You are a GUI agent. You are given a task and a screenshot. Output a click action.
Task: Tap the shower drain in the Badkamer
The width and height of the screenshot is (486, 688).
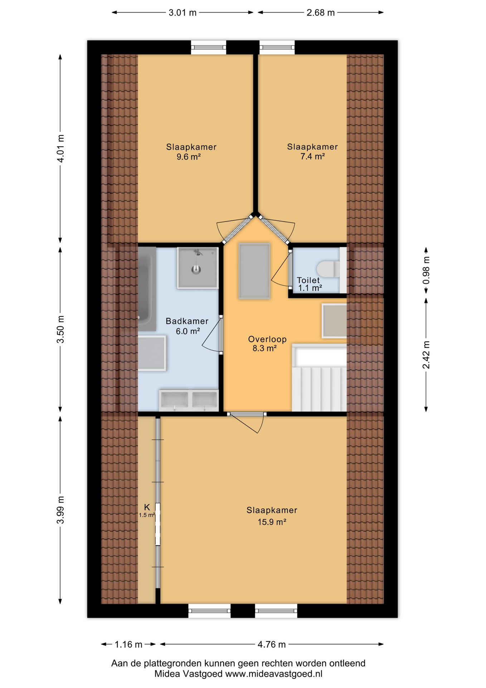coord(196,269)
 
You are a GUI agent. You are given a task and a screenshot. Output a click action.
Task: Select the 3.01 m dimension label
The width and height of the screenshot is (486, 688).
coord(183,13)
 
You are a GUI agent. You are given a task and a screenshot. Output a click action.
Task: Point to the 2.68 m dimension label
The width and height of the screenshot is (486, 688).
coord(320,13)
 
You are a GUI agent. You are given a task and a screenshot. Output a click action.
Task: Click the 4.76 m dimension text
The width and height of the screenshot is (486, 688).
coord(272,645)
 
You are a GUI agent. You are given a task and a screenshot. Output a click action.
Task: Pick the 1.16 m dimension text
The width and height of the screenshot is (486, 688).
coord(128,645)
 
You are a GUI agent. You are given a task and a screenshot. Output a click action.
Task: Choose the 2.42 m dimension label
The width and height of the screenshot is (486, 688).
coord(426,355)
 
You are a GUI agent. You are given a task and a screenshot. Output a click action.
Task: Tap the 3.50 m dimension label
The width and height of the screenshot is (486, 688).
coord(61,329)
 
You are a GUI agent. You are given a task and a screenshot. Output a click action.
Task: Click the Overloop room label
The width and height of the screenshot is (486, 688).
coord(267,339)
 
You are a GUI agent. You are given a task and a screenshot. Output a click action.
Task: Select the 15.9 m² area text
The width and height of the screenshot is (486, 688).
coord(272,522)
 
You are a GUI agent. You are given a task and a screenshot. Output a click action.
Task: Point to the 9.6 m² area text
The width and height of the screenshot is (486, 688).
coord(189,157)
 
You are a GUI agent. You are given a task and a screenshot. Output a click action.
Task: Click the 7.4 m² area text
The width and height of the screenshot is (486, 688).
coord(312,156)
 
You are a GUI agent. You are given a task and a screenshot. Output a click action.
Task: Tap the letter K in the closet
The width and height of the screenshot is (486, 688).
coord(147,507)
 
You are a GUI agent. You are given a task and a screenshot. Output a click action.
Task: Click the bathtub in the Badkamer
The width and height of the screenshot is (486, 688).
coord(147,289)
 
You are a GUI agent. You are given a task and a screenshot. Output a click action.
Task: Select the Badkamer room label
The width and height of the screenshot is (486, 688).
coord(187,321)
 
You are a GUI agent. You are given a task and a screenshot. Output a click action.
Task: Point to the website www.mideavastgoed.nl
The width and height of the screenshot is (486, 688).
coord(273,674)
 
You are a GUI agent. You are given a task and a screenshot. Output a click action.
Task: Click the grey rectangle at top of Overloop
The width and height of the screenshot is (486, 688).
coord(254,271)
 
